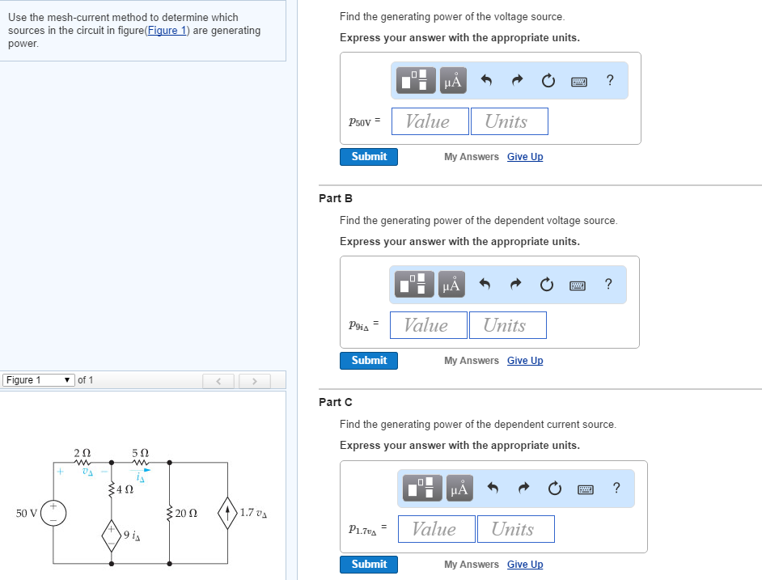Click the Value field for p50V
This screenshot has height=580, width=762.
pos(430,121)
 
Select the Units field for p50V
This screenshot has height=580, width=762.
pos(509,121)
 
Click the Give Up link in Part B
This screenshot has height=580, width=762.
pos(525,361)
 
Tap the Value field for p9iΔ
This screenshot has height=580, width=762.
pos(428,325)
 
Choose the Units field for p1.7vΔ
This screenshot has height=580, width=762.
pos(515,529)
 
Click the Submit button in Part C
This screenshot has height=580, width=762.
pos(369,564)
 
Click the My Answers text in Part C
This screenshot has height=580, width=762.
pos(471,565)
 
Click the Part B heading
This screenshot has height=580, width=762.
pos(336,198)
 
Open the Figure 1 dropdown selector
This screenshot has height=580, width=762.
pos(37,380)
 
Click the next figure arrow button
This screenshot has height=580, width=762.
pos(253,380)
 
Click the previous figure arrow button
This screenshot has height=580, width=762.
pos(218,380)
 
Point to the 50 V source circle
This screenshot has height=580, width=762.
pos(54,513)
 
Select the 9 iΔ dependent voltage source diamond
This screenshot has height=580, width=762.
pos(112,534)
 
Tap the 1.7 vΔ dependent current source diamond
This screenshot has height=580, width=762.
pos(228,513)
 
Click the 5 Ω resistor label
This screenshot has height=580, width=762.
pos(140,453)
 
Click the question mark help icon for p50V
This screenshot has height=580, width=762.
pos(609,80)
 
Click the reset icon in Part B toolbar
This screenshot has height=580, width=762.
pos(547,284)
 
